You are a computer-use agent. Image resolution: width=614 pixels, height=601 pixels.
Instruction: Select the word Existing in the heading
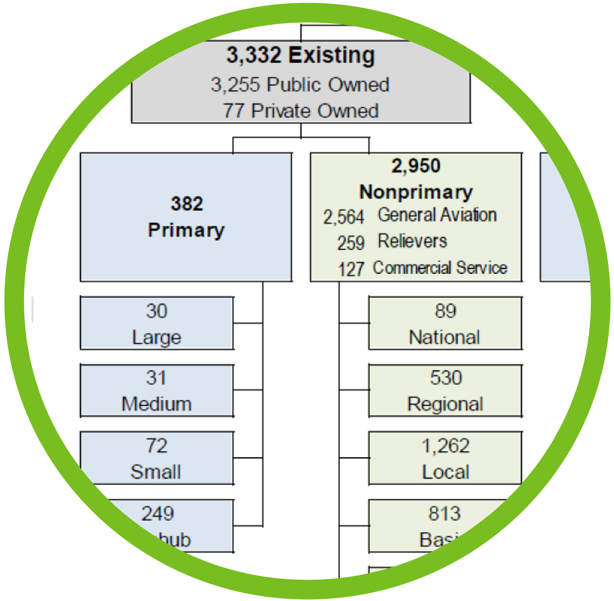331,55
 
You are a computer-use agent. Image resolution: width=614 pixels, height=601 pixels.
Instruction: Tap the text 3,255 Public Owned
300,85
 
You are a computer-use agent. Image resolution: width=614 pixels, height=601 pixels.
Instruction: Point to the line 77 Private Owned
300,111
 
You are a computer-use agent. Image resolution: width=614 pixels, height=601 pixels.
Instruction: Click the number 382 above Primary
187,204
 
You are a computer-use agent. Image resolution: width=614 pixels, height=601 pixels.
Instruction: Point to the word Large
157,337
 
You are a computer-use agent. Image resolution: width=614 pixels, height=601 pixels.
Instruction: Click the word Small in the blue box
156,472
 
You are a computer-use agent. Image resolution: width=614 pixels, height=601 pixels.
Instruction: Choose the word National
444,337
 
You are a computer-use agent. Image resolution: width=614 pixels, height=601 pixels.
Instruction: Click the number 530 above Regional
446,378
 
